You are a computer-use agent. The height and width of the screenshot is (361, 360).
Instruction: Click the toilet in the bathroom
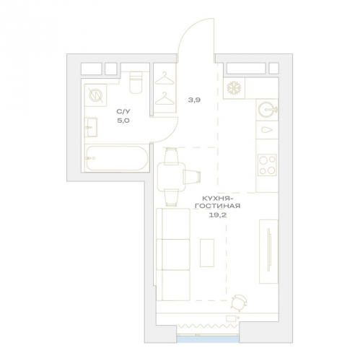[x=136, y=82]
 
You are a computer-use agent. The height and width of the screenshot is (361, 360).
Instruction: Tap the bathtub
[x=117, y=158]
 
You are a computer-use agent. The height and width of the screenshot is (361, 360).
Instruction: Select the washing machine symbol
[x=95, y=95]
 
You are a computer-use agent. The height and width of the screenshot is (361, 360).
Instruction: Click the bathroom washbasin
[x=91, y=127]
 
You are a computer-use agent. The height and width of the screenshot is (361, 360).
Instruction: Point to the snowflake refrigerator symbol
[x=234, y=88]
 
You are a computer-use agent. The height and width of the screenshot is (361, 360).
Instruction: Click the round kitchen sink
[x=267, y=110]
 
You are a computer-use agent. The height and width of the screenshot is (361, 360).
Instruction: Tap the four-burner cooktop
[x=267, y=165]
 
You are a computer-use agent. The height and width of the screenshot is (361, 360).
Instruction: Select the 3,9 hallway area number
[x=194, y=100]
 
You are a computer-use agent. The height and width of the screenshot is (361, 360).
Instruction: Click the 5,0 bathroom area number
[x=123, y=121]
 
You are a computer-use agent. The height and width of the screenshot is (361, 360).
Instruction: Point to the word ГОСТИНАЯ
[x=217, y=206]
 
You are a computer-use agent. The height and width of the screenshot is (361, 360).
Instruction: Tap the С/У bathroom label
[x=123, y=111]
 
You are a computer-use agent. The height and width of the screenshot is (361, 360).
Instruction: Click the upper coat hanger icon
[x=164, y=78]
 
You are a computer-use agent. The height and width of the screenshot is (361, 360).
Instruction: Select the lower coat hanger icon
[x=164, y=98]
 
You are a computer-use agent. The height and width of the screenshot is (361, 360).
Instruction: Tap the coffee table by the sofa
[x=207, y=253]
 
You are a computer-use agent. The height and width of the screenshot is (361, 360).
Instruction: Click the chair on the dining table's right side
[x=192, y=175]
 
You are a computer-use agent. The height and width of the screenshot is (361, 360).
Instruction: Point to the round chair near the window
[x=239, y=303]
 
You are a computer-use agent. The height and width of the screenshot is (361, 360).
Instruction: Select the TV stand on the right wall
[x=268, y=251]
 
